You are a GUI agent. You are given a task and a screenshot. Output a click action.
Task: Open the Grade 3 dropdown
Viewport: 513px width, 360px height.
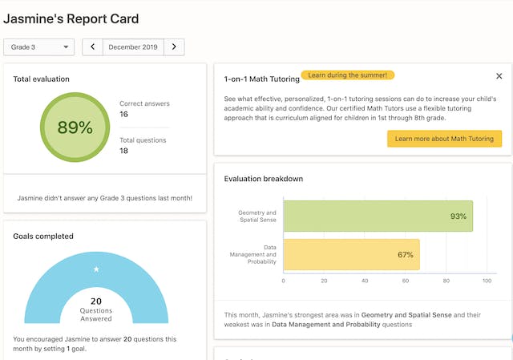click(x=39, y=47)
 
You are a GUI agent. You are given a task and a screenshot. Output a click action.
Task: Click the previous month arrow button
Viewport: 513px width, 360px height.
click(x=93, y=47)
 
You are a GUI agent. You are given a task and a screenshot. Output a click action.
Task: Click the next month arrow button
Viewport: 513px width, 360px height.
click(x=174, y=47)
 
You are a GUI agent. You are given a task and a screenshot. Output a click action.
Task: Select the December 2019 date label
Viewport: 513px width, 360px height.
click(x=133, y=47)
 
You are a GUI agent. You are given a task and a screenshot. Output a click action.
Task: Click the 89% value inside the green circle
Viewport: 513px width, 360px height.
click(x=75, y=127)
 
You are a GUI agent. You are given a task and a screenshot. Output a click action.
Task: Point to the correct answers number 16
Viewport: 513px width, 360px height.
click(x=124, y=115)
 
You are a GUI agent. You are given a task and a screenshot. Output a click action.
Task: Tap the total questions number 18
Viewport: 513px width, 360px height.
click(x=124, y=151)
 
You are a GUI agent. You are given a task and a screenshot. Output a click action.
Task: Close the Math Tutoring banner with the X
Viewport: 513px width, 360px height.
click(x=499, y=76)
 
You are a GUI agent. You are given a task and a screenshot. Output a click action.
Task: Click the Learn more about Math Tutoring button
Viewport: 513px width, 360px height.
click(x=444, y=139)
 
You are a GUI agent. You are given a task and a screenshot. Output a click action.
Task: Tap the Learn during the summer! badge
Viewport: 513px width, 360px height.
click(x=348, y=75)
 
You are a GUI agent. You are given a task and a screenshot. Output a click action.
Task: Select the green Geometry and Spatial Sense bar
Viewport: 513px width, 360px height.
click(x=378, y=216)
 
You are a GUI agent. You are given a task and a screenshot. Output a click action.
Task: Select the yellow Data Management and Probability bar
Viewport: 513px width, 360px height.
click(x=351, y=255)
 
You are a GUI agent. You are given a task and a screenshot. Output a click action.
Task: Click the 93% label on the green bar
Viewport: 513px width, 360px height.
click(x=458, y=216)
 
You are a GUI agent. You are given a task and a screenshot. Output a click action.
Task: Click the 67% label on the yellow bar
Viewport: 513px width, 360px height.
click(x=406, y=255)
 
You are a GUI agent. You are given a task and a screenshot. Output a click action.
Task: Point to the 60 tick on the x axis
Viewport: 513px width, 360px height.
click(x=406, y=281)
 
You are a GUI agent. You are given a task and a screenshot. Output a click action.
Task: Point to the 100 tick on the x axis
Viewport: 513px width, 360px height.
click(x=487, y=281)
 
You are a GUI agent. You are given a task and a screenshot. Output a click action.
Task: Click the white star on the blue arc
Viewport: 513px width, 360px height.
click(x=96, y=269)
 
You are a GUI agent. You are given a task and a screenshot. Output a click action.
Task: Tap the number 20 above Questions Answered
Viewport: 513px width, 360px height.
click(x=96, y=301)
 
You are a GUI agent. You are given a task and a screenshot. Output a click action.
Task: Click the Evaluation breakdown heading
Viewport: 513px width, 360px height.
click(x=263, y=179)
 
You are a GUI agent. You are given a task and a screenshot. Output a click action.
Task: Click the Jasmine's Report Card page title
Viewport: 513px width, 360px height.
click(x=71, y=18)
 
